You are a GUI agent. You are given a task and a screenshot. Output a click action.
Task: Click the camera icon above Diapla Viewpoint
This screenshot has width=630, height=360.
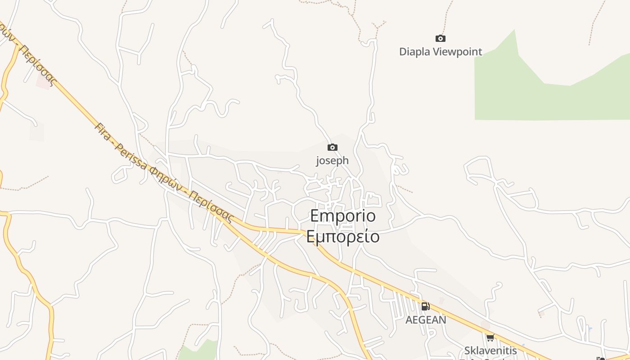pyautogui.click(x=441, y=39)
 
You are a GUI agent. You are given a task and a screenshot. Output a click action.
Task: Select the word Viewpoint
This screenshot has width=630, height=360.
pyautogui.click(x=457, y=52)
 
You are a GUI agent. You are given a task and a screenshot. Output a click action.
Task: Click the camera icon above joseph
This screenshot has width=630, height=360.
pyautogui.click(x=333, y=147)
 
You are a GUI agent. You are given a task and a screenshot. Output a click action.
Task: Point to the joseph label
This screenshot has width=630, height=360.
pyautogui.click(x=332, y=160)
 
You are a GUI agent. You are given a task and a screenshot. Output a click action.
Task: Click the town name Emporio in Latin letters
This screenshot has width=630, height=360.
pyautogui.click(x=343, y=216)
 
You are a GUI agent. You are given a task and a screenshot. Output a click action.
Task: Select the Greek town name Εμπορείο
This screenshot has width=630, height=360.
pyautogui.click(x=343, y=236)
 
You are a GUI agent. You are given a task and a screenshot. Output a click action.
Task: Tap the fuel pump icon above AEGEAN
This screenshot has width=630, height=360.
pyautogui.click(x=425, y=306)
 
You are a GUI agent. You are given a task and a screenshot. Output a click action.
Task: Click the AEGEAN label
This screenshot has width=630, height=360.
pyautogui.click(x=426, y=320)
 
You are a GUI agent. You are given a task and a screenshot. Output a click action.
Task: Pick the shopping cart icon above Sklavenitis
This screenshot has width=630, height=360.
pyautogui.click(x=490, y=337)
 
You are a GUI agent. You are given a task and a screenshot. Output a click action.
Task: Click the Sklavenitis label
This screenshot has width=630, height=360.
pyautogui.click(x=490, y=350)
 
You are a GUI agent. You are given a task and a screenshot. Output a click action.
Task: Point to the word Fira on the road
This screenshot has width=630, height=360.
pyautogui.click(x=102, y=130)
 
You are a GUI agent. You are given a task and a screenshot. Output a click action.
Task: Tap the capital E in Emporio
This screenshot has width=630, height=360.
pyautogui.click(x=315, y=216)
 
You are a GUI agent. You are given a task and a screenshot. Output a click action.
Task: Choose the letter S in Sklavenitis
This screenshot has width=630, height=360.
pyautogui.click(x=468, y=350)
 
